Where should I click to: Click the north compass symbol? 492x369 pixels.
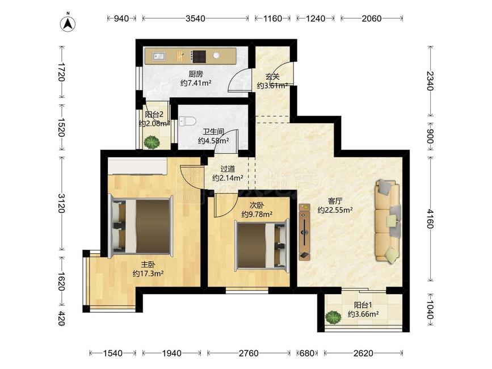click(x=69, y=23)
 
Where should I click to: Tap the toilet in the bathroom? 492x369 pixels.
click(x=187, y=121)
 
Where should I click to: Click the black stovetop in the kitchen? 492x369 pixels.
click(x=199, y=56)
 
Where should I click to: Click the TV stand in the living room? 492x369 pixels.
click(x=304, y=232)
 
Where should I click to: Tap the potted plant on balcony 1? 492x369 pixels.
click(x=333, y=317)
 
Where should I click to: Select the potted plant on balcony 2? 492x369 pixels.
click(x=152, y=142)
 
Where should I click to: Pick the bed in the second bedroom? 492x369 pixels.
click(x=262, y=245)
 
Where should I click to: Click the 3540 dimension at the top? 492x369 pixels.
click(x=195, y=19)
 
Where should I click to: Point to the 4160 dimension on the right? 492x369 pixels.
click(x=430, y=219)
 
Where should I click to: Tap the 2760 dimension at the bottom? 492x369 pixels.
click(x=249, y=353)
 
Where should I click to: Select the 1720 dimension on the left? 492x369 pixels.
click(x=61, y=72)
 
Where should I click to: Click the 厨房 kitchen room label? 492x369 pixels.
click(x=196, y=74)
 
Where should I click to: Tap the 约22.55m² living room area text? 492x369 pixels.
click(x=335, y=210)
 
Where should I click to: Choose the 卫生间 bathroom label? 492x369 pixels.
click(x=213, y=132)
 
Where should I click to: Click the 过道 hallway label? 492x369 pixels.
click(x=228, y=169)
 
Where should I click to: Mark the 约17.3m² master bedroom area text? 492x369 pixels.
click(x=148, y=274)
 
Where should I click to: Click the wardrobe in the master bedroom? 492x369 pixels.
click(x=137, y=166)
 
